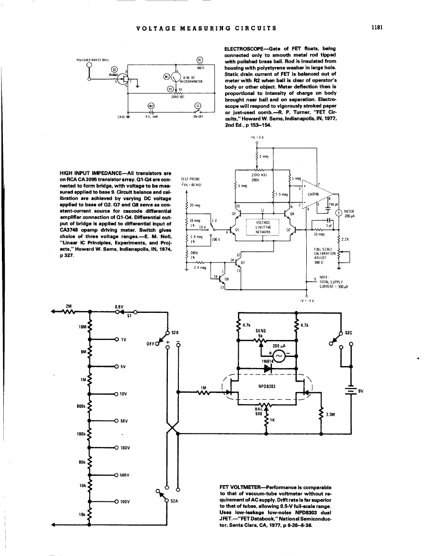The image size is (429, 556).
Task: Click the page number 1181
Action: (377, 28)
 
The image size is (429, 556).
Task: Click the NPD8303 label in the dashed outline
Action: (264, 386)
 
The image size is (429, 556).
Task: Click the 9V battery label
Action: (361, 391)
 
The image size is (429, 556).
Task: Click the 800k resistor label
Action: (81, 406)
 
